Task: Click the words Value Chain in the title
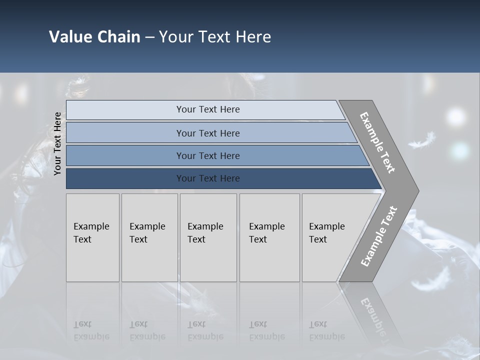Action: tap(94, 37)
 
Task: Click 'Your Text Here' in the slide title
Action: tap(215, 37)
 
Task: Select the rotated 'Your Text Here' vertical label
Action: tap(58, 143)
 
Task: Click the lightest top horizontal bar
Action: tap(207, 109)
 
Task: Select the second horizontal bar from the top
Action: tap(207, 133)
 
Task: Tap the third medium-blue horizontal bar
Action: tap(207, 155)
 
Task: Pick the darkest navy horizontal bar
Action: tap(207, 178)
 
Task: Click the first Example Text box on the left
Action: tap(92, 237)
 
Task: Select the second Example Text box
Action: tap(149, 237)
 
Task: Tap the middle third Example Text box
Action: tap(208, 237)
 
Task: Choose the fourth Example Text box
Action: tap(269, 237)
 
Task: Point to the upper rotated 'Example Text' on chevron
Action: tap(377, 142)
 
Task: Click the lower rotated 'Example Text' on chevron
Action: tap(378, 236)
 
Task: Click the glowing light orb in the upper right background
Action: tap(455, 117)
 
